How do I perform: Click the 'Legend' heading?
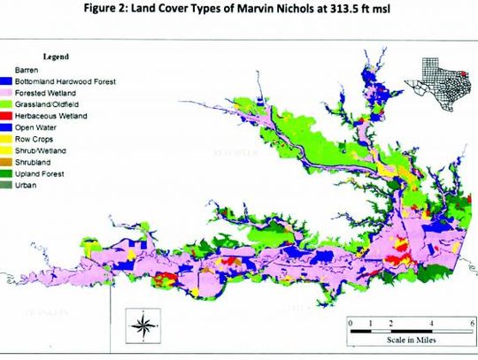pos(55,56)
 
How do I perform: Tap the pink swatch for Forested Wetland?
pos(8,91)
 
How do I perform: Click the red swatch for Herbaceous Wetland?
pos(8,114)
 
